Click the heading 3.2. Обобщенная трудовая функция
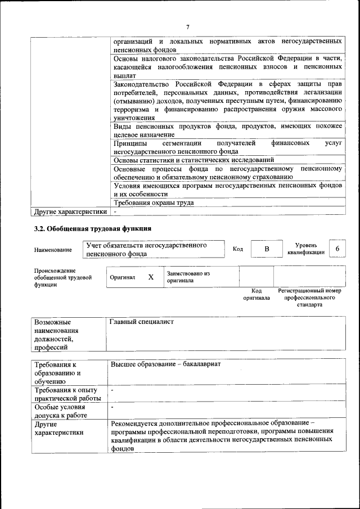click(93, 229)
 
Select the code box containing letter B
click(267, 249)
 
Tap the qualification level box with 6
click(337, 249)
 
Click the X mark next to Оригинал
click(151, 277)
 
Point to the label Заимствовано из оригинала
click(188, 277)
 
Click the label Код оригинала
click(256, 294)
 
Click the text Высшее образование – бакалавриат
click(165, 364)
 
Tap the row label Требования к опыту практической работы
click(66, 394)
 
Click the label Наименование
click(53, 250)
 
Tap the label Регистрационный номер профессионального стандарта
click(310, 298)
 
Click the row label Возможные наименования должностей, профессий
click(56, 335)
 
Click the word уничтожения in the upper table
click(134, 118)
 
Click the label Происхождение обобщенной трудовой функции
click(62, 278)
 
